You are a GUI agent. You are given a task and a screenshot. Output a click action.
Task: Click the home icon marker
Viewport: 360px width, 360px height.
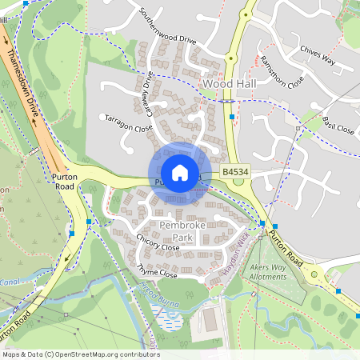[180, 173]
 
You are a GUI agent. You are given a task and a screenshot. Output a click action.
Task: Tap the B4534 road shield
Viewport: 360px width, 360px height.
[234, 172]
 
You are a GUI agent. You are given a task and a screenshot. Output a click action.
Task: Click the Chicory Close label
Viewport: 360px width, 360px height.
[158, 247]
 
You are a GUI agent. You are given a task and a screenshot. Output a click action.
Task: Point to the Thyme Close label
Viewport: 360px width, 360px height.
[156, 274]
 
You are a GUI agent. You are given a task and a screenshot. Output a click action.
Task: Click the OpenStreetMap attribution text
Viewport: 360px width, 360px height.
[81, 354]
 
